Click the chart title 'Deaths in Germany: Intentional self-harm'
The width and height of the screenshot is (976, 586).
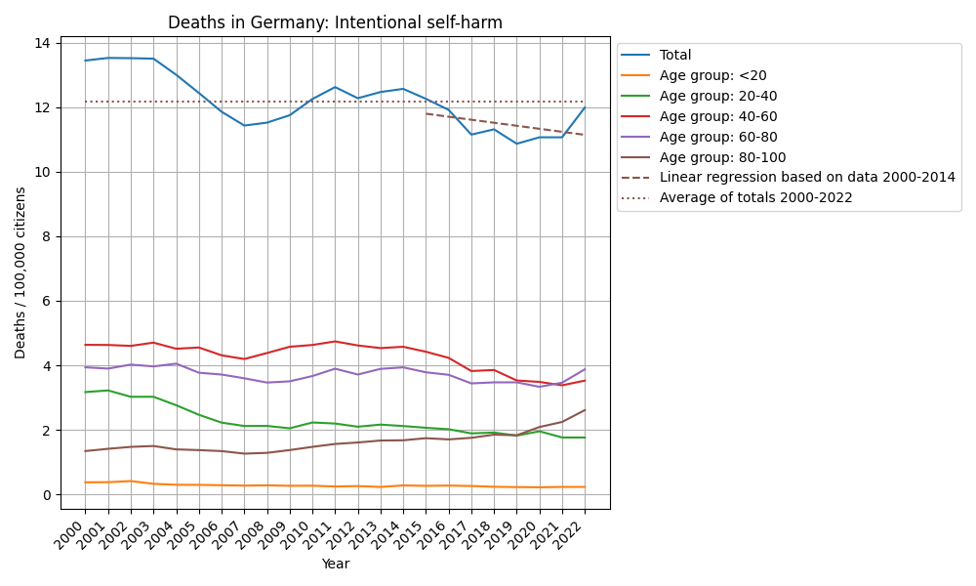(x=335, y=22)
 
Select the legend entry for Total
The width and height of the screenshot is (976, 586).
(x=675, y=56)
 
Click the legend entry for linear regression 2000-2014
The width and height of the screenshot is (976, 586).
(x=807, y=177)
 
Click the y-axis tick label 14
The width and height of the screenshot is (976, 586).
(x=43, y=43)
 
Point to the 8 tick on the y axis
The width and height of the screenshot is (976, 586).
(x=47, y=236)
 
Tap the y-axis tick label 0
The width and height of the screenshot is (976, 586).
(x=47, y=495)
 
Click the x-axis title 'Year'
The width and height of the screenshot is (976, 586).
(x=335, y=564)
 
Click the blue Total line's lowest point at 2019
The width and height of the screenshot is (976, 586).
(x=516, y=144)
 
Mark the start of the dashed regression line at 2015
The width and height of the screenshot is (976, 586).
(x=426, y=113)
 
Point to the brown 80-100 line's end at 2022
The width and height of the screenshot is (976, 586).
(x=585, y=410)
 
